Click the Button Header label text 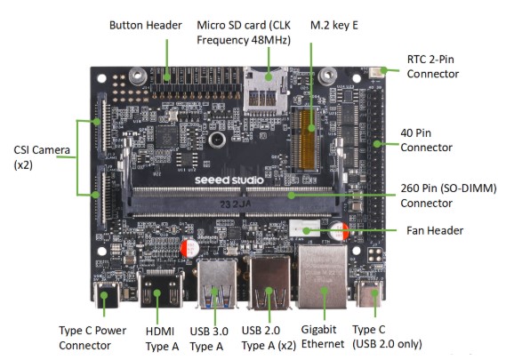146,25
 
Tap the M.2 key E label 334,26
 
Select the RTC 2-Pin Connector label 433,67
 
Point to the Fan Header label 435,230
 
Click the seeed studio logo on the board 229,180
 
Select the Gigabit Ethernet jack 323,276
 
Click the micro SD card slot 265,91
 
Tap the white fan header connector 304,228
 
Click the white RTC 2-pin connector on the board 377,73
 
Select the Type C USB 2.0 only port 370,293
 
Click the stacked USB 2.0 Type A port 269,284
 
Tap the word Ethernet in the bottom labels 323,344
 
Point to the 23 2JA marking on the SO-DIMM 236,204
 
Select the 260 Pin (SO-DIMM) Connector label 448,196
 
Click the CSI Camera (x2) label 42,157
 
